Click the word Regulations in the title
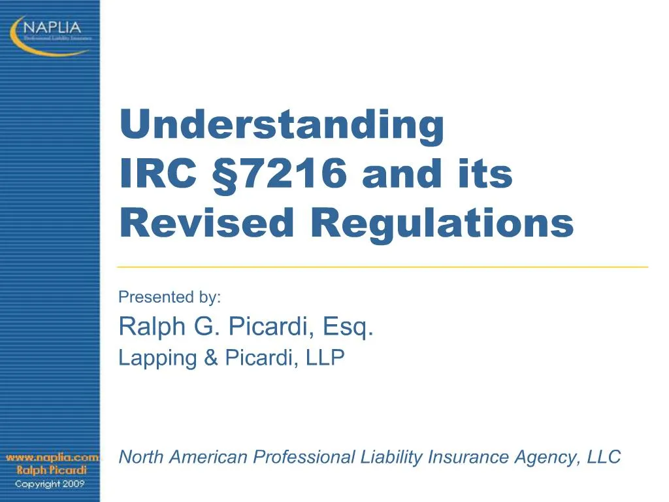click(442, 224)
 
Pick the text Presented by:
click(170, 297)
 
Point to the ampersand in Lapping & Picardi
click(210, 358)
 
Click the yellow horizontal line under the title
click(383, 267)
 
